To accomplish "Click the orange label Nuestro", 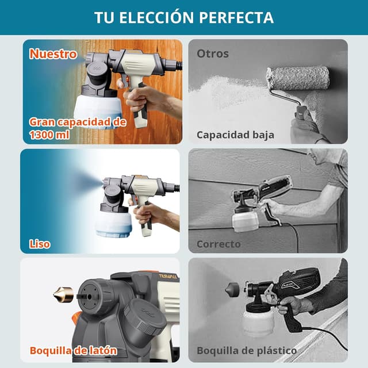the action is click(x=53, y=54).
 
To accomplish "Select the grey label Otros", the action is click(x=213, y=53).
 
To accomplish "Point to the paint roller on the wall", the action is click(x=298, y=78).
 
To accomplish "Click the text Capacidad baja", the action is click(x=235, y=135).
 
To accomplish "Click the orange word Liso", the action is click(x=40, y=244).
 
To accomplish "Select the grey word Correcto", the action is click(x=218, y=244).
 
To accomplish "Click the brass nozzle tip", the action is click(x=63, y=294).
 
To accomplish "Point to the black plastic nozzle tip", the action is click(x=232, y=290).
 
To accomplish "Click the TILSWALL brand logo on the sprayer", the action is click(x=168, y=276).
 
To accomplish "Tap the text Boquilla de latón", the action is click(x=74, y=351).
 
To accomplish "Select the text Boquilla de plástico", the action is click(x=247, y=351).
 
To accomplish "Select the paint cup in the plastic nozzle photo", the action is click(x=258, y=320).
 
